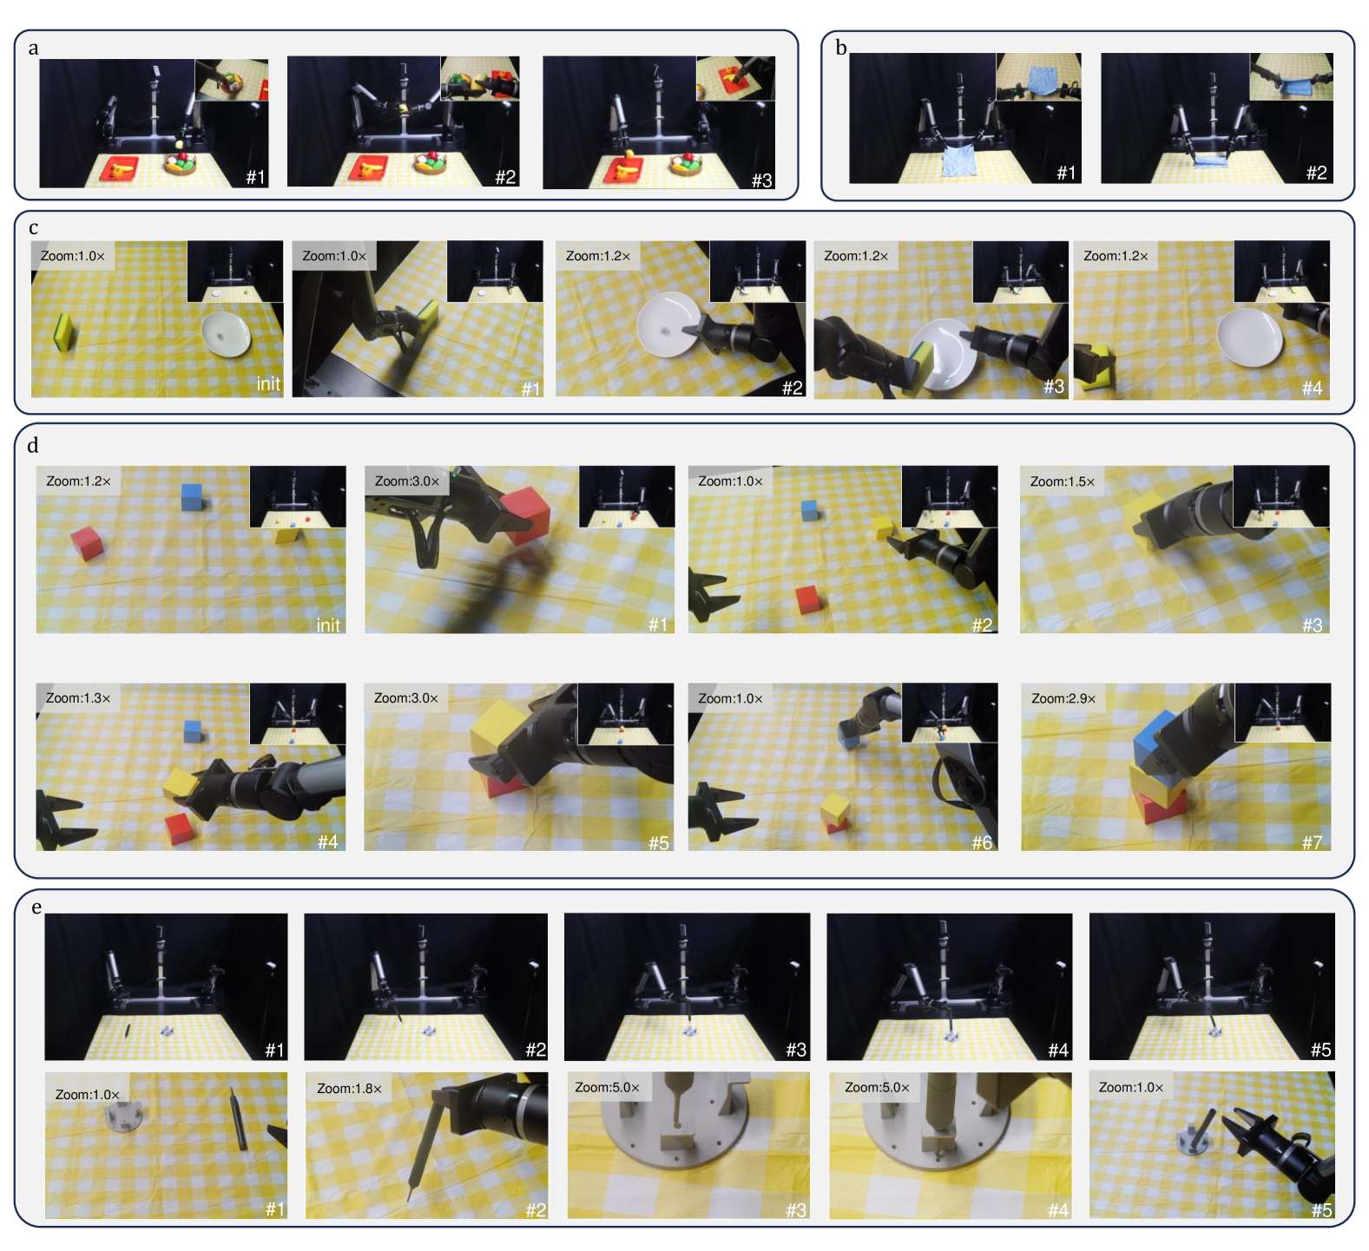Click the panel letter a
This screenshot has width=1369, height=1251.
pyautogui.click(x=33, y=49)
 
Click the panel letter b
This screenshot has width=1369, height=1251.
pyautogui.click(x=840, y=48)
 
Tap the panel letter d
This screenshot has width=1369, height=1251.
pyautogui.click(x=33, y=446)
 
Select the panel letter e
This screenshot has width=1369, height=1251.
pyautogui.click(x=36, y=908)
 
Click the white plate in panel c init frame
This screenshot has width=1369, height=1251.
pyautogui.click(x=226, y=334)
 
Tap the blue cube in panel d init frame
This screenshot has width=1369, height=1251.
pyautogui.click(x=192, y=496)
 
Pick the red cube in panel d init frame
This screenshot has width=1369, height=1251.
pyautogui.click(x=88, y=543)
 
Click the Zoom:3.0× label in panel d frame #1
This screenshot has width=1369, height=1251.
pyautogui.click(x=407, y=481)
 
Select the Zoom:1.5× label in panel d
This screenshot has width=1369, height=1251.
pyautogui.click(x=1063, y=481)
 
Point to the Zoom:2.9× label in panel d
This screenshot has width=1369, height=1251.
pyautogui.click(x=1063, y=698)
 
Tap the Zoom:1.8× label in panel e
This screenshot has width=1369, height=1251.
pyautogui.click(x=349, y=1089)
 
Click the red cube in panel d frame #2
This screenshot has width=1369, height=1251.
pyautogui.click(x=808, y=599)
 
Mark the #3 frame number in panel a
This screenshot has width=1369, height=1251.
pyautogui.click(x=761, y=180)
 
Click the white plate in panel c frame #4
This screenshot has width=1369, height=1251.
pyautogui.click(x=1250, y=337)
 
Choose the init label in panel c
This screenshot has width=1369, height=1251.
pyautogui.click(x=268, y=384)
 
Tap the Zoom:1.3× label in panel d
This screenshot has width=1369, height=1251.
pyautogui.click(x=78, y=698)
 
